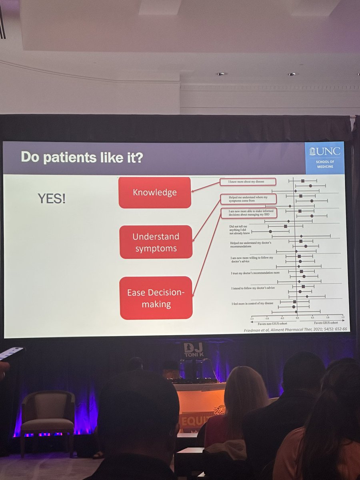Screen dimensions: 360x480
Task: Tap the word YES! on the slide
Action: click(52, 199)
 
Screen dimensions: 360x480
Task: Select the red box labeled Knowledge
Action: click(155, 192)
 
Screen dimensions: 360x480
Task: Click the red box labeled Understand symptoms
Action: click(156, 242)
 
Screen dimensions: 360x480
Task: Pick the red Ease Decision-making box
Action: click(156, 298)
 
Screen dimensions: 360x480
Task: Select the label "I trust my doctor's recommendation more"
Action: click(255, 273)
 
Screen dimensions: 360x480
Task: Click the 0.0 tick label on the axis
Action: click(297, 317)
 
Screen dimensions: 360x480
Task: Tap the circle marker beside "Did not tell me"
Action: click(270, 232)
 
